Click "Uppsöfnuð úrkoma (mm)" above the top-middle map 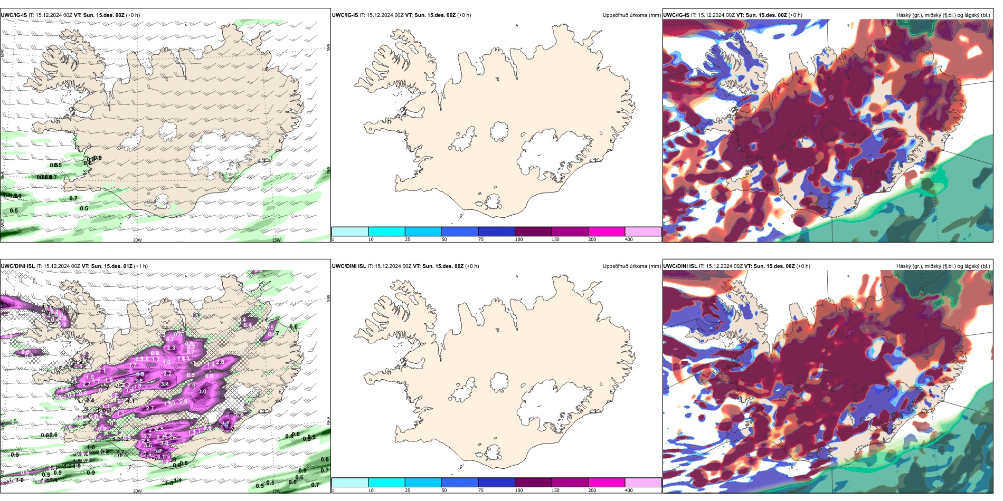point(631,15)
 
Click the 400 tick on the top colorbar point(629,239)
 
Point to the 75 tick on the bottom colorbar point(481,490)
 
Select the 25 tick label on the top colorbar point(408,239)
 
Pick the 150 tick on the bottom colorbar point(555,490)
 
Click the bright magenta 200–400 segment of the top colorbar point(607,232)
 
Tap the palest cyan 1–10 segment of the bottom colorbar point(350,483)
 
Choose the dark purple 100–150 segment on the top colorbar point(533,232)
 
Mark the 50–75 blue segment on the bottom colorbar point(460,483)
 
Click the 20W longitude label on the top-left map point(137,240)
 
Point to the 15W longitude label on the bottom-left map point(276,491)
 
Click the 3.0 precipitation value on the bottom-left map point(202,392)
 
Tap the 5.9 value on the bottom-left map point(140,374)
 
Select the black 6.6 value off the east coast point(294,327)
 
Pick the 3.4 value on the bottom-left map point(165,384)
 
